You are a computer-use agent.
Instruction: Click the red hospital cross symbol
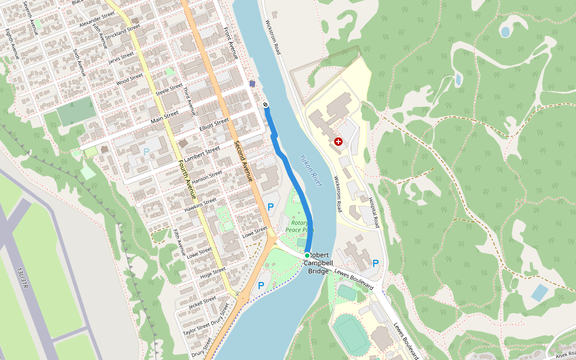click(338, 142)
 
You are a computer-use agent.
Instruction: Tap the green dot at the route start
click(307, 256)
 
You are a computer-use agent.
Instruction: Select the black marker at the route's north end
click(265, 106)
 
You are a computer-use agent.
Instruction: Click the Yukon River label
click(311, 170)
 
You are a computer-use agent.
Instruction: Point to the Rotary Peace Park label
click(299, 226)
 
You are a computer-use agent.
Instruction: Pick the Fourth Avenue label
click(186, 180)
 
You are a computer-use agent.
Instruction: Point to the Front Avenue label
click(231, 43)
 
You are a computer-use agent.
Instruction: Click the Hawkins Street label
click(200, 205)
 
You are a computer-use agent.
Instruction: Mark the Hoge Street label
click(212, 272)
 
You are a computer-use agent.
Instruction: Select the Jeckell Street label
click(202, 302)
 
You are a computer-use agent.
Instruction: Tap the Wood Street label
click(130, 79)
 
